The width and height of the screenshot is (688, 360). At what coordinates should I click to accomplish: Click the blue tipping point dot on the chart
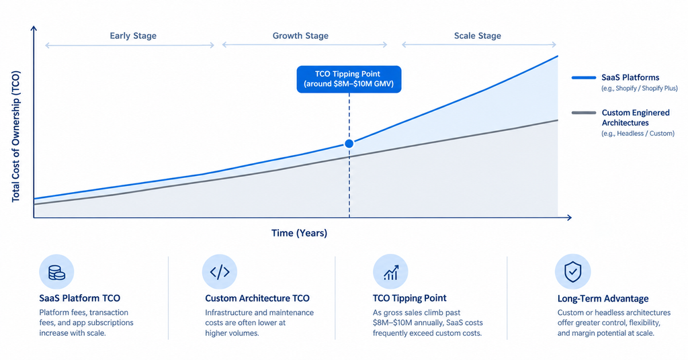[x=349, y=143]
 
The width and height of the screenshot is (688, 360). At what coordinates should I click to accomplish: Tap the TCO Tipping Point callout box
[x=349, y=79]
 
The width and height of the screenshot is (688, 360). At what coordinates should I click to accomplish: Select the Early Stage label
[x=133, y=36]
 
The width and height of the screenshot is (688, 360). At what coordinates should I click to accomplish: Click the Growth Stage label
[x=300, y=36]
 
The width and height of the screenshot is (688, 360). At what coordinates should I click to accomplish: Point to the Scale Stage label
[x=478, y=36]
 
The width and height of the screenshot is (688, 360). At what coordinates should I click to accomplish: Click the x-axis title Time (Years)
[x=299, y=233]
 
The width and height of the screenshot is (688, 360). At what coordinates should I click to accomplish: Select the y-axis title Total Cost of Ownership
[x=16, y=136]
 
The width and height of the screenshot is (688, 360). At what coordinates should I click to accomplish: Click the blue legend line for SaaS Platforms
[x=584, y=78]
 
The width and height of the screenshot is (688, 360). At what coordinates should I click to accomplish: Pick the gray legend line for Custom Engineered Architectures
[x=584, y=113]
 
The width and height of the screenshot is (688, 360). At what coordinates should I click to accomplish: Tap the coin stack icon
[x=56, y=272]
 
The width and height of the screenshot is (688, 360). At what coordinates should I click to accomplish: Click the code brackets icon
[x=220, y=272]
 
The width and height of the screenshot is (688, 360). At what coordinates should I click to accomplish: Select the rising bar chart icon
[x=390, y=272]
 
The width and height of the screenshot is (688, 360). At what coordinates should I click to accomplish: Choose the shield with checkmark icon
[x=572, y=272]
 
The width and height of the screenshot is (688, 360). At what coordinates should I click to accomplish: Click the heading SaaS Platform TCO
[x=79, y=298]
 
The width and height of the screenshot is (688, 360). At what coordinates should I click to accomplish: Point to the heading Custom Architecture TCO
[x=257, y=298]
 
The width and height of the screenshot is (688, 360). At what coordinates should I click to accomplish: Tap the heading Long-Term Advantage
[x=603, y=299]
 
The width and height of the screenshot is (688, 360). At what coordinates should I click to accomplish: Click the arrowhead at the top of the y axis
[x=34, y=28]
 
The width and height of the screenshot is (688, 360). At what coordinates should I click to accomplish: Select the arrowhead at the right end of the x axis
[x=569, y=218]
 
